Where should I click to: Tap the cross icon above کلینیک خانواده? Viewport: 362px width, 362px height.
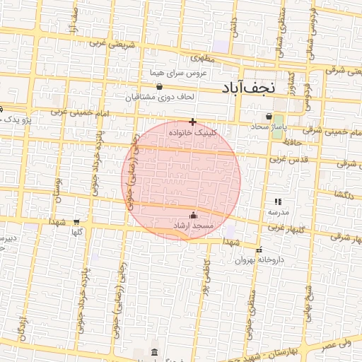pyautogui.click(x=192, y=122)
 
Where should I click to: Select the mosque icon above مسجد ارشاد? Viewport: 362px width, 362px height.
pyautogui.click(x=194, y=216)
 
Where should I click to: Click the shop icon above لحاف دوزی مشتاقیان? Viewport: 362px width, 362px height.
pyautogui.click(x=158, y=87)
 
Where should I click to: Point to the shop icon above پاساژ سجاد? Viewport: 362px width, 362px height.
pyautogui.click(x=269, y=116)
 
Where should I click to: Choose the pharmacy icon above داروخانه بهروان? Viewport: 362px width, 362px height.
pyautogui.click(x=259, y=250)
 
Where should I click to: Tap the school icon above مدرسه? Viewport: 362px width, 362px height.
pyautogui.click(x=278, y=202)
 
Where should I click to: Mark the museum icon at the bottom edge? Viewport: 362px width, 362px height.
pyautogui.click(x=155, y=352)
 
